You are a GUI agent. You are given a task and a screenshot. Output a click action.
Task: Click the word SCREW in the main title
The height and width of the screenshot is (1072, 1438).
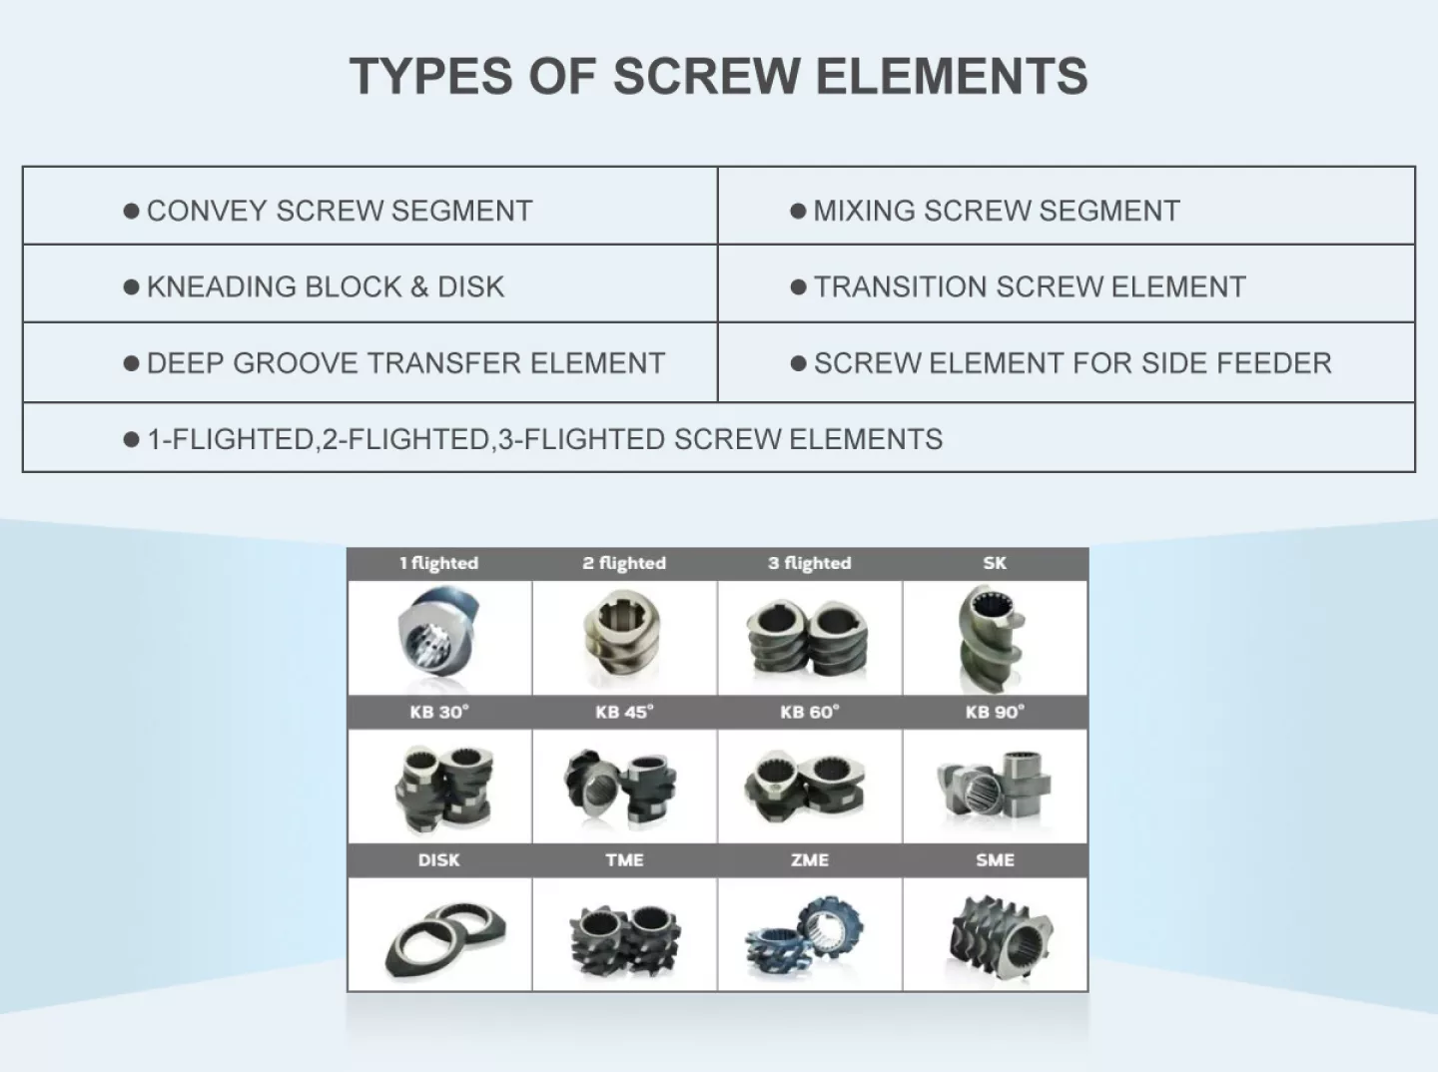706,76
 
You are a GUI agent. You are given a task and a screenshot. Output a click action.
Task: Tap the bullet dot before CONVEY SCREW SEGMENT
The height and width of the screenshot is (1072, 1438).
131,211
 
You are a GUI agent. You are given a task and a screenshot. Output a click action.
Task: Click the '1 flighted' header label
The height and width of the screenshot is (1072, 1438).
439,563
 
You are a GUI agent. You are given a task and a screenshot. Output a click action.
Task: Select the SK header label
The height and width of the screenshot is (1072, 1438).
995,563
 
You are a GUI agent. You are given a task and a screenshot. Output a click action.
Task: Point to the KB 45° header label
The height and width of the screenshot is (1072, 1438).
624,712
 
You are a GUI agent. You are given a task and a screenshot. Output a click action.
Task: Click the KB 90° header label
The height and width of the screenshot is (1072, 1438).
996,712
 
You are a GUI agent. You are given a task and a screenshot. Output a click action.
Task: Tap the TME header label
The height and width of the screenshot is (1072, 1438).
624,859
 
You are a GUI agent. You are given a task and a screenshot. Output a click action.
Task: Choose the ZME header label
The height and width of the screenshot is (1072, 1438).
810,859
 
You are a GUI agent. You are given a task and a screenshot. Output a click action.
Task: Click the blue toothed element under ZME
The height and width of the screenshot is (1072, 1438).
805,937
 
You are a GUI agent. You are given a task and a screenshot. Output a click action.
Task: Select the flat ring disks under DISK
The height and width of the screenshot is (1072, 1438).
445,940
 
